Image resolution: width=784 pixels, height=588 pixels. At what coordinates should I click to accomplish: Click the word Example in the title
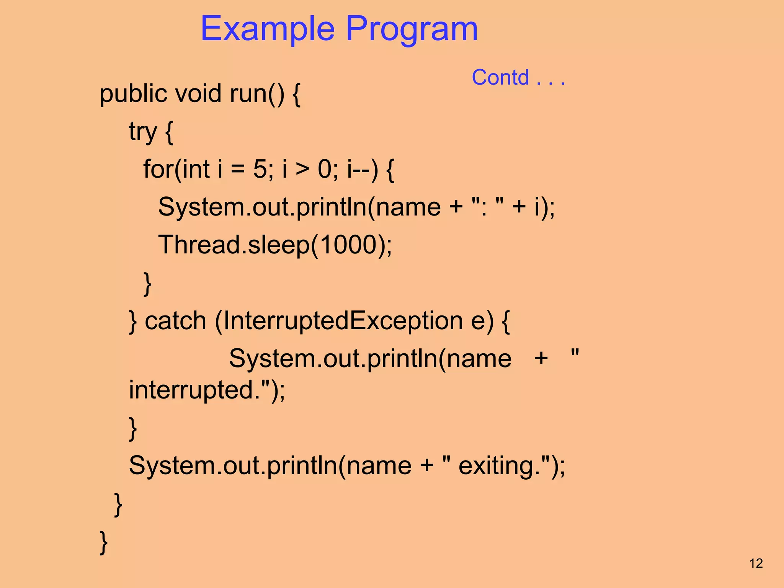coord(267,29)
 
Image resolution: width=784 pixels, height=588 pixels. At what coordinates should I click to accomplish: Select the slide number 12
coord(756,563)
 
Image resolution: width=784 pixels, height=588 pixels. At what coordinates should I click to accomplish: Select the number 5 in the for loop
coord(260,169)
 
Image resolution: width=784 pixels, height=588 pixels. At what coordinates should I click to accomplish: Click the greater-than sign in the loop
coord(302,169)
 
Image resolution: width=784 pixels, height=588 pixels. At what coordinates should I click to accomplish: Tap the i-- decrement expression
coord(362,169)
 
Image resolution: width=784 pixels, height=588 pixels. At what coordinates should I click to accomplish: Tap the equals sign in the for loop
coord(238,169)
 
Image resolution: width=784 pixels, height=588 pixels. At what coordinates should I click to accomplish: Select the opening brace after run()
coord(296,94)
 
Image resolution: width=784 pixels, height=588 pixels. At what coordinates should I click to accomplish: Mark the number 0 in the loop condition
coord(325,169)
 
